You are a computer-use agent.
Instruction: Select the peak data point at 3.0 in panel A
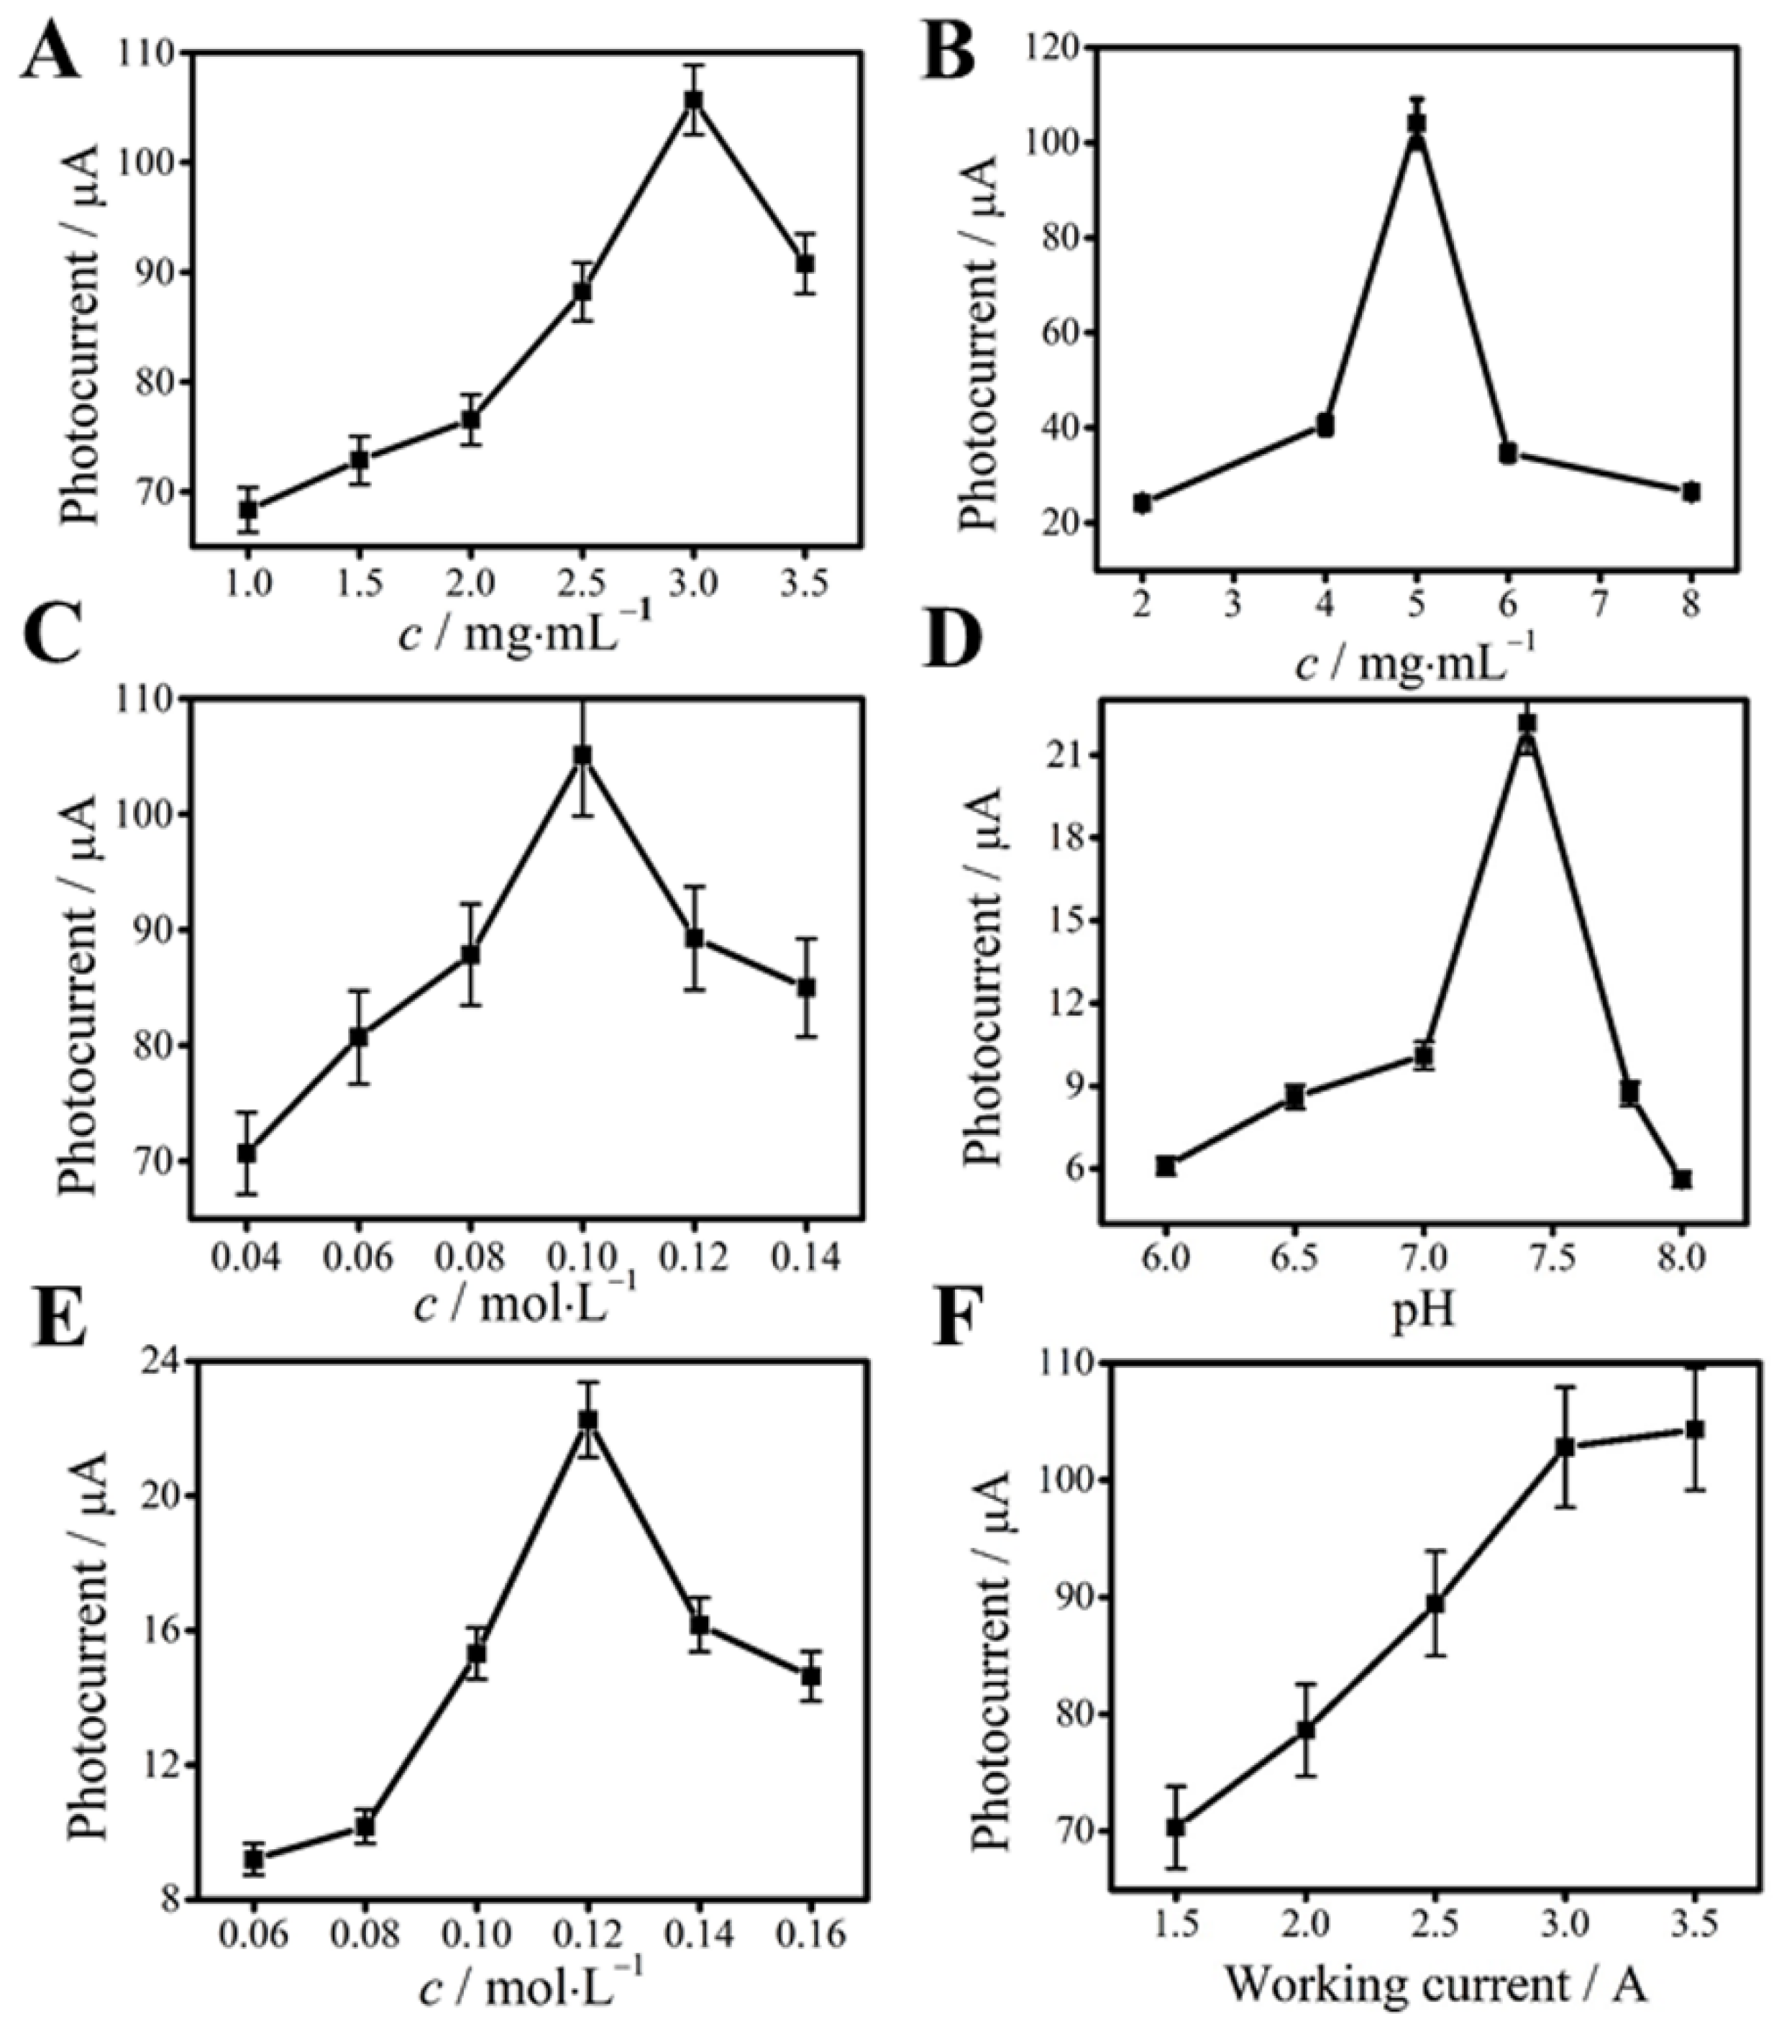[694, 100]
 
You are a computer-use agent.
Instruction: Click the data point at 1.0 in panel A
[249, 510]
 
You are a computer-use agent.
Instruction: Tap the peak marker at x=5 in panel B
[1417, 123]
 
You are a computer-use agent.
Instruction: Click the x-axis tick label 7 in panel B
[1600, 604]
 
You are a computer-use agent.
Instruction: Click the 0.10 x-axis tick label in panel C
[582, 1257]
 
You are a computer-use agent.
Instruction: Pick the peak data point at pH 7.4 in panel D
[1527, 723]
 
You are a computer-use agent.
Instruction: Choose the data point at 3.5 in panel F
[1694, 1429]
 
